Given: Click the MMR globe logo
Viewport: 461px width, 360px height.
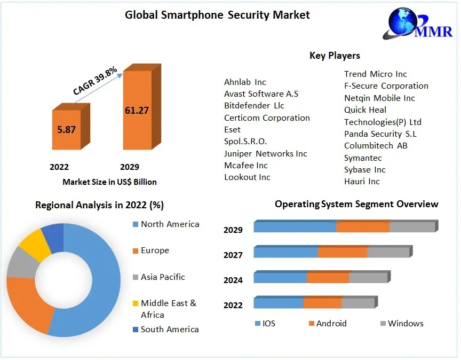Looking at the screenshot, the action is coord(417,23).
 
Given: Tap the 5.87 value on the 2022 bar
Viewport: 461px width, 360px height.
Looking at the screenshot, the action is coord(67,129).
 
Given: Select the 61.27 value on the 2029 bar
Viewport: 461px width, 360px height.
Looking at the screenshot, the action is coord(137,111).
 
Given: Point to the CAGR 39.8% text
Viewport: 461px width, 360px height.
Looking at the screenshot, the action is coord(95,81).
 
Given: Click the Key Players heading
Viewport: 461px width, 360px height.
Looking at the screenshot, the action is coord(335,56).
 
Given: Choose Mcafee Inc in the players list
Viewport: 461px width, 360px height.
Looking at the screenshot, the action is coord(246,165).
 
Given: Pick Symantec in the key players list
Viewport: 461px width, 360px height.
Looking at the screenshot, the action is coord(363,158).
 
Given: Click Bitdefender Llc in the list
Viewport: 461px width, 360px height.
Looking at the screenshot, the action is coord(254,105).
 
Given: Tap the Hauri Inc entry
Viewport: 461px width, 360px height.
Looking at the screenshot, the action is coord(362,181).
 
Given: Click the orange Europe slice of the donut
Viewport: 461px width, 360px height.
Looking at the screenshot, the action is coord(28,302).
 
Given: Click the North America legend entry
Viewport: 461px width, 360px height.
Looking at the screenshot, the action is coord(166,224).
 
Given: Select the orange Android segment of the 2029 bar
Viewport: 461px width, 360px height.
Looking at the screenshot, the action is coord(363,226).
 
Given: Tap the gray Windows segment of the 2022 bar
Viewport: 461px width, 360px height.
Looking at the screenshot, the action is coord(359,302).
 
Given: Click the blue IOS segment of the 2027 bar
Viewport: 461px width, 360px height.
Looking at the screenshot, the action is coord(286,252).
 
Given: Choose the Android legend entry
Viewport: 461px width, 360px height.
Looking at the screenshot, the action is coord(328,323).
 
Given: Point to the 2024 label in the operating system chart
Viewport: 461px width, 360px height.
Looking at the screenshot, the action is coord(233,280).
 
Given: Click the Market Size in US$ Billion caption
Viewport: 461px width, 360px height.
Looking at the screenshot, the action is coord(109,182).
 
